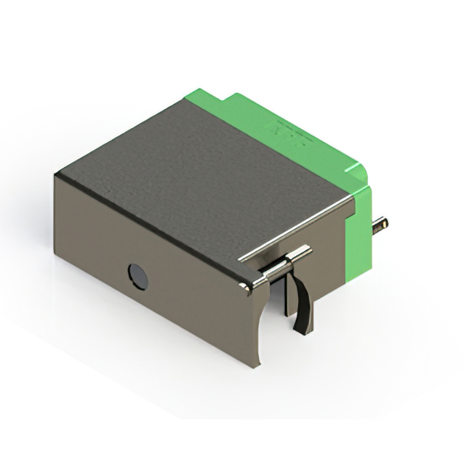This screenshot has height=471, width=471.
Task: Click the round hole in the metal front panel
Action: pyautogui.click(x=138, y=277)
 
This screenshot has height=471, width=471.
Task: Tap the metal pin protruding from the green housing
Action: pyautogui.click(x=380, y=224)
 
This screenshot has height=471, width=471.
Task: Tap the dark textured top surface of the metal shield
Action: pyautogui.click(x=199, y=177)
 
